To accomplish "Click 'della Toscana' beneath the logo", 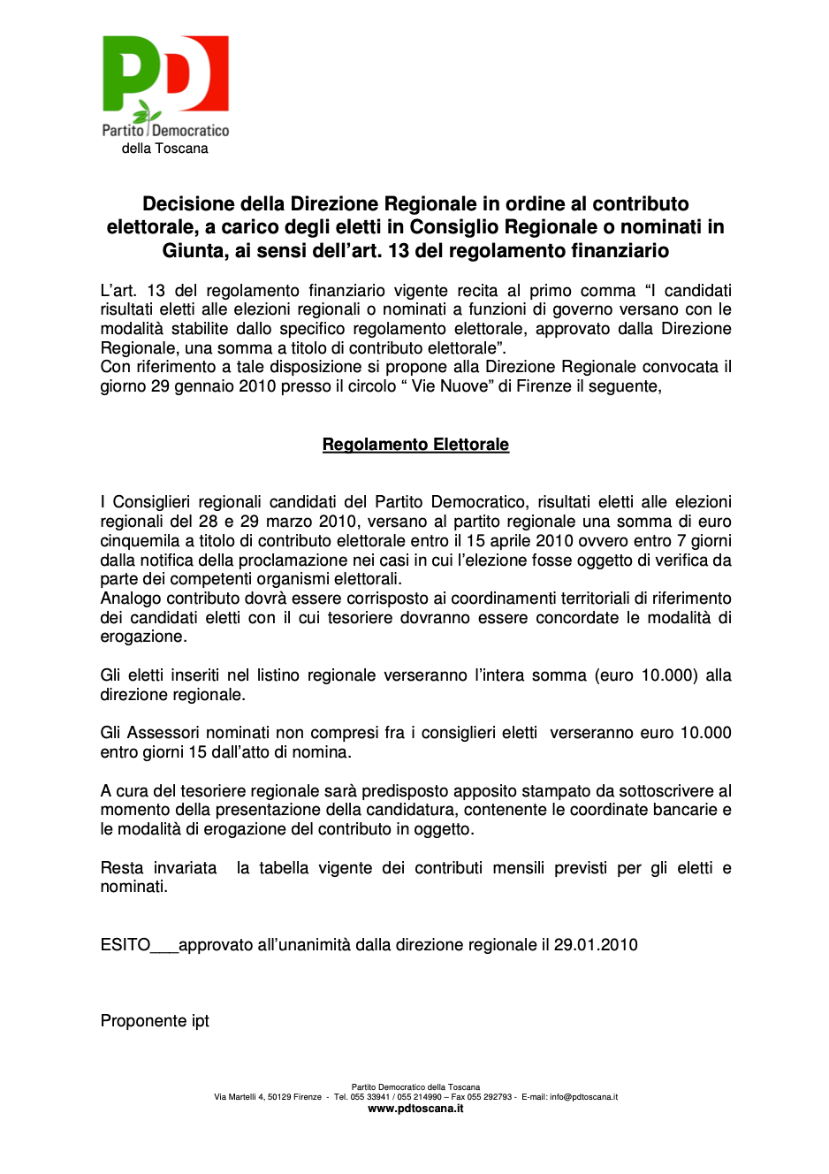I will coord(165,149).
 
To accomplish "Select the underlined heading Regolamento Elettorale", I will coord(415,445).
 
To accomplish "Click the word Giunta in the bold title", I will coord(191,251).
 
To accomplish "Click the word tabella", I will coord(284,868).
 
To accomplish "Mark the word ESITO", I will coord(125,945).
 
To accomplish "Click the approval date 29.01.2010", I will coord(596,945).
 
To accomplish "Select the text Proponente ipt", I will coord(155,1021).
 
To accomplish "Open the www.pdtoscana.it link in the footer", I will coord(415,1109).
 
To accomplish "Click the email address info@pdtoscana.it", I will coord(583,1097).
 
